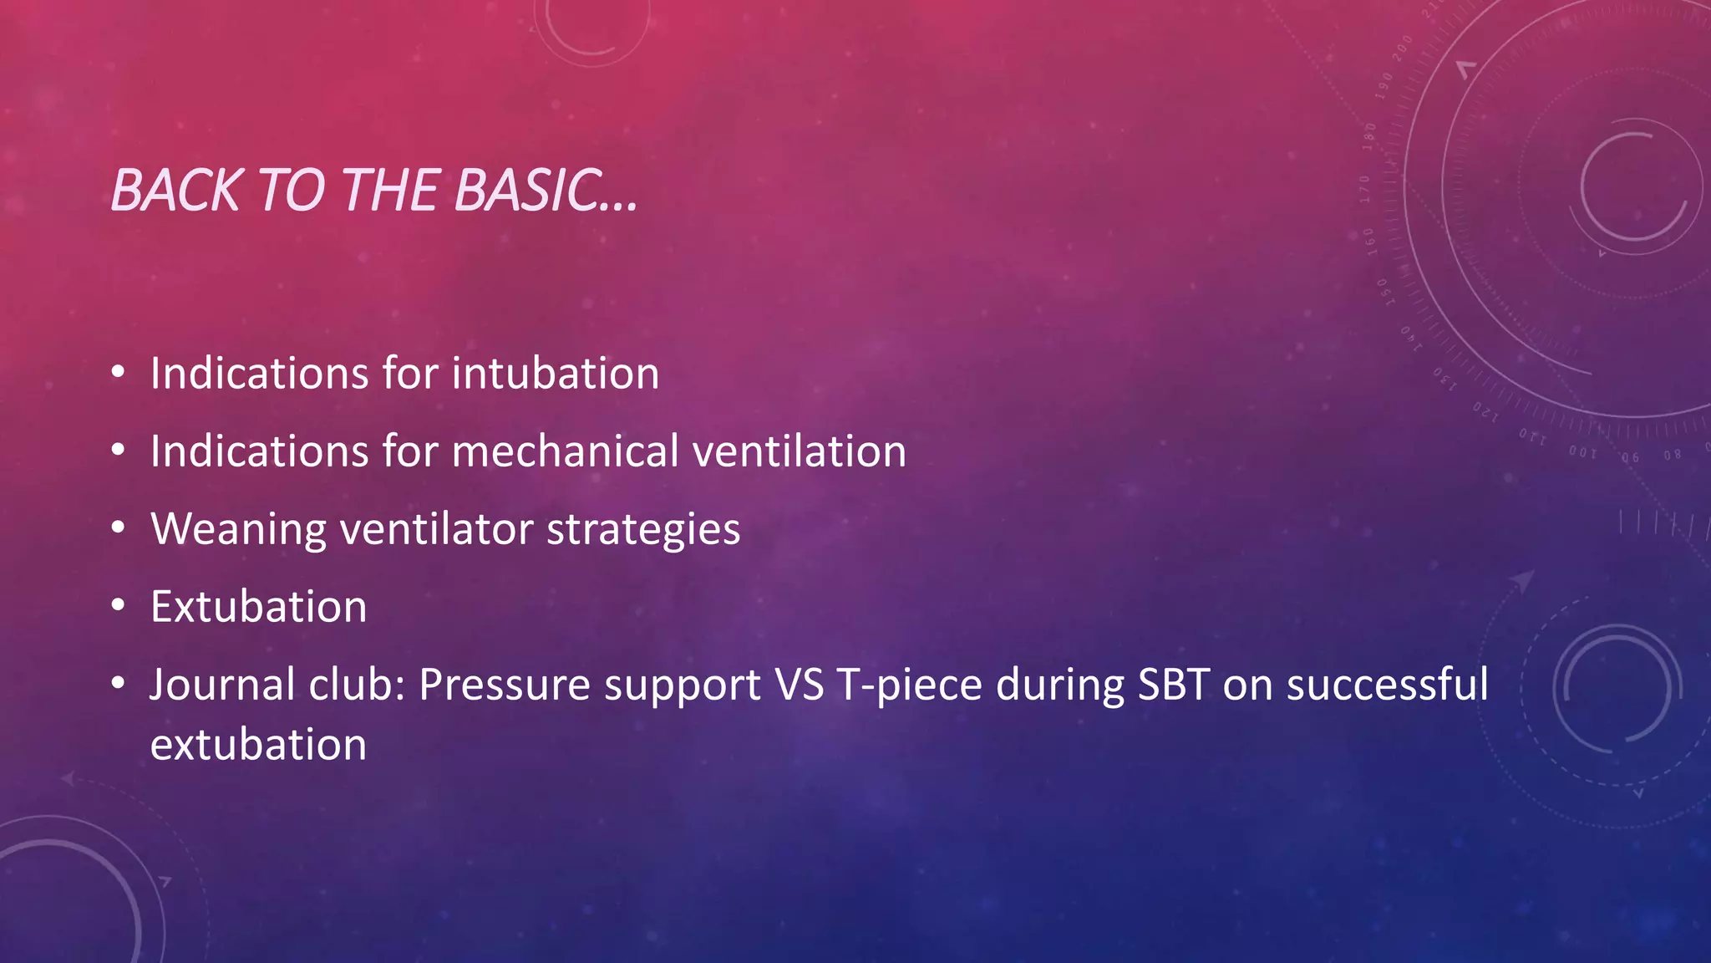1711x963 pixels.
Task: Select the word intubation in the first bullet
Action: (555, 373)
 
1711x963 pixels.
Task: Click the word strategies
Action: (643, 530)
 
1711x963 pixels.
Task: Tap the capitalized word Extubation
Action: (258, 607)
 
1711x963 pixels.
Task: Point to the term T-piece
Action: (909, 685)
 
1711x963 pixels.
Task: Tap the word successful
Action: (1387, 685)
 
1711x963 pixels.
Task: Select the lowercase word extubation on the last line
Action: (258, 745)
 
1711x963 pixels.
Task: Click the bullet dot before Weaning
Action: (119, 528)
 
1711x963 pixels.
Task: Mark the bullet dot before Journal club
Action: (119, 684)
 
